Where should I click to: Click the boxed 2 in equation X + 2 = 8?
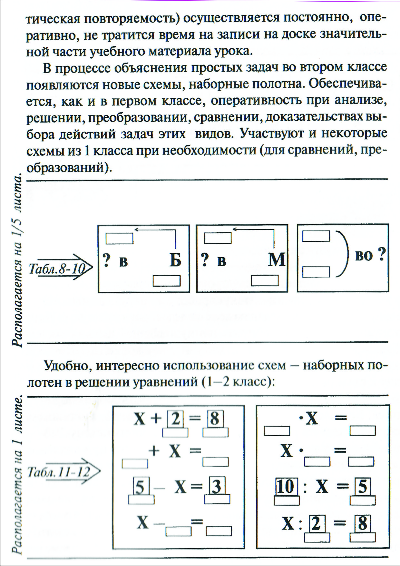click(175, 419)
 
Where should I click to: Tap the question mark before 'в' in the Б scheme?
click(107, 260)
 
